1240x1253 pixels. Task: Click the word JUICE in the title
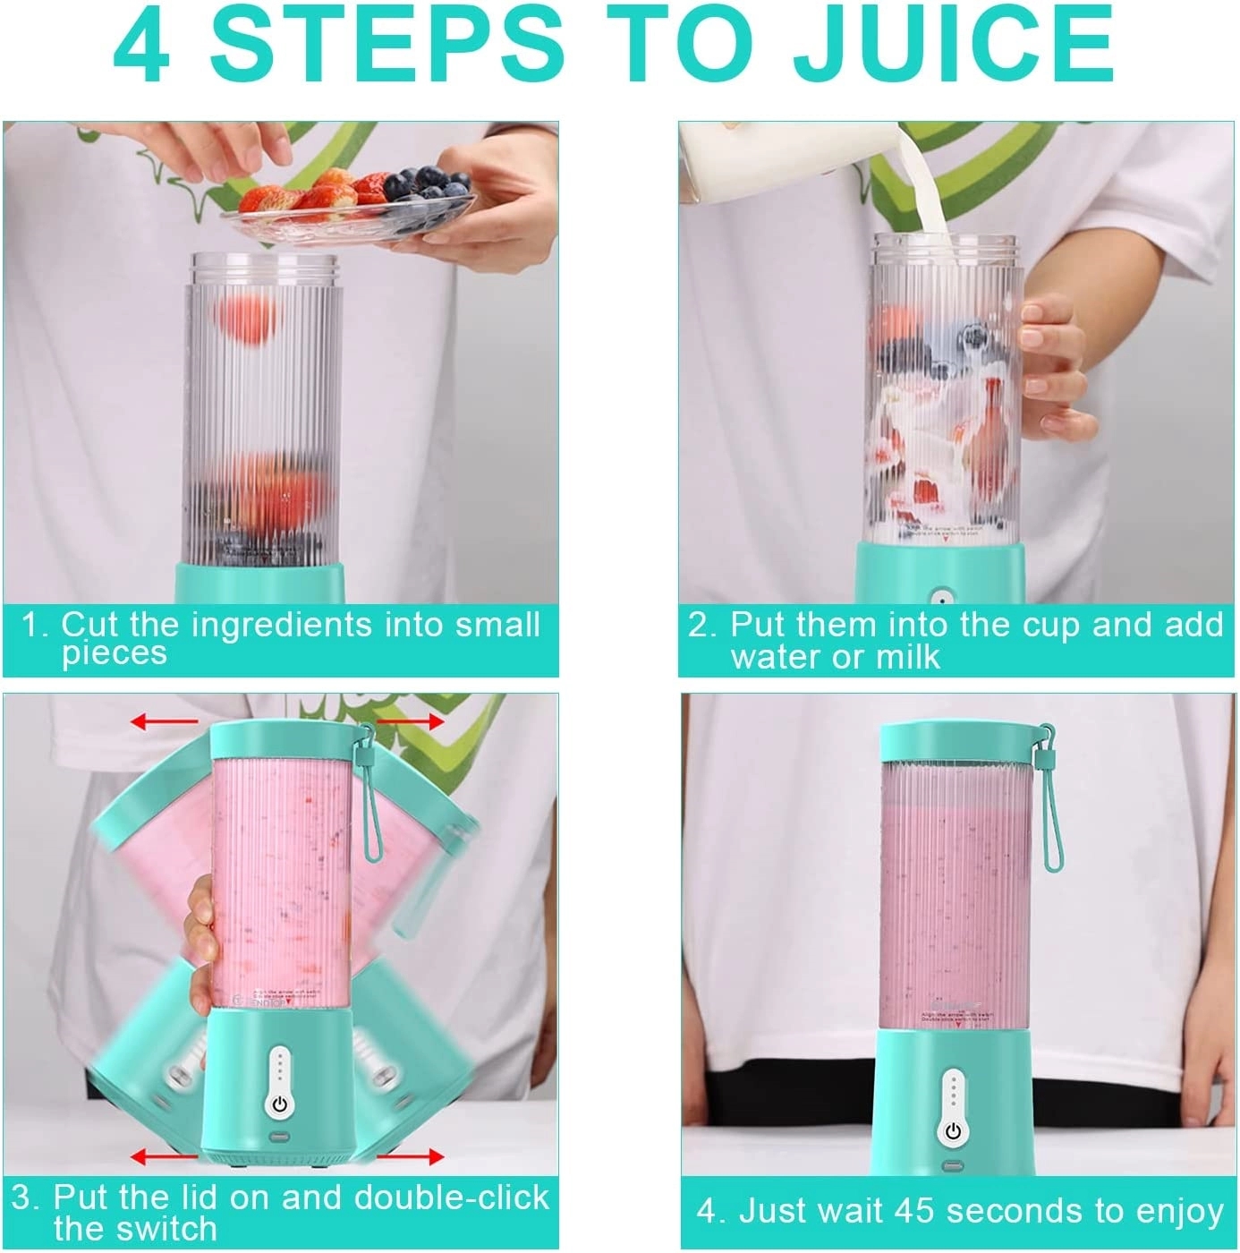click(x=954, y=43)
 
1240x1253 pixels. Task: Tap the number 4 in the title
click(x=144, y=43)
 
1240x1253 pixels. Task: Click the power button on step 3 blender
click(x=280, y=1104)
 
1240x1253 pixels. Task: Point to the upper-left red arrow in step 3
click(x=165, y=720)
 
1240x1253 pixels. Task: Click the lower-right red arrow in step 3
click(x=410, y=1157)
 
